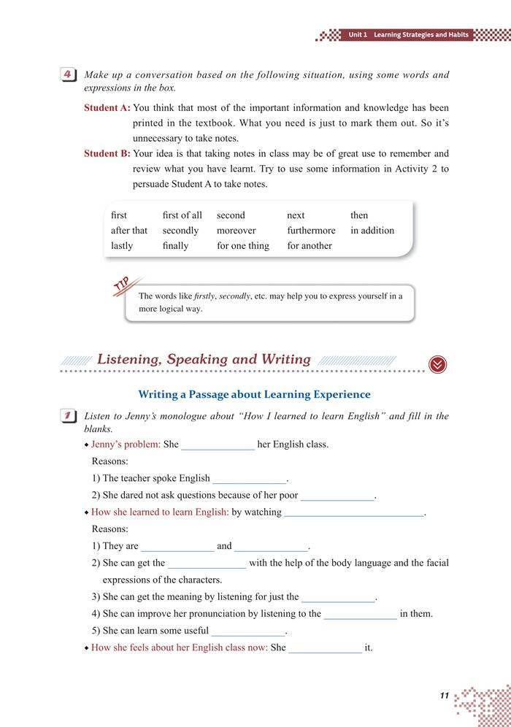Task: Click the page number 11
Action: click(444, 696)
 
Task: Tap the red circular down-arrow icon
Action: click(437, 364)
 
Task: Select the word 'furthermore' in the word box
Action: click(311, 231)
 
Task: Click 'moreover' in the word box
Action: click(236, 231)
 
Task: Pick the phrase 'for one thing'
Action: click(242, 246)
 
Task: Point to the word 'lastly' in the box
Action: click(122, 246)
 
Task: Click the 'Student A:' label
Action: click(107, 107)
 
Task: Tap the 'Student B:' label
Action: click(107, 154)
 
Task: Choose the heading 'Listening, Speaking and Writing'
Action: click(204, 359)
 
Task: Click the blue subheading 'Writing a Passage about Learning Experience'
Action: click(254, 394)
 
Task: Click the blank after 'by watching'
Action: click(354, 513)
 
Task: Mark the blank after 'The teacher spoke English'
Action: click(250, 480)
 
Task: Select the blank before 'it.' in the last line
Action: click(325, 648)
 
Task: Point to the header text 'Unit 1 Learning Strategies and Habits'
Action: click(408, 35)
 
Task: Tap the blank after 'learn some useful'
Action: click(248, 631)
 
